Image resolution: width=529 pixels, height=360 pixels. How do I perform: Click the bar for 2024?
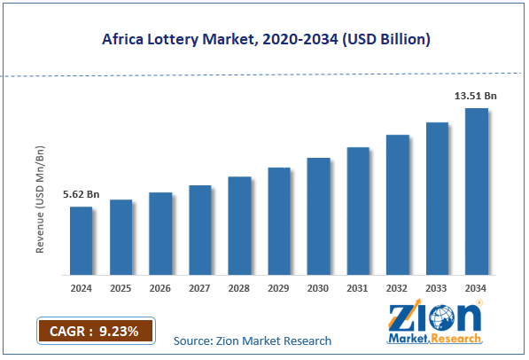(x=81, y=240)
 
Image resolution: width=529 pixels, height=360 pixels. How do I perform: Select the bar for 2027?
(x=199, y=230)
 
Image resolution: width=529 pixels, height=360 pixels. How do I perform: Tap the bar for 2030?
(x=318, y=215)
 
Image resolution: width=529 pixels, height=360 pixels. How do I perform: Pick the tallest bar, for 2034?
(x=476, y=191)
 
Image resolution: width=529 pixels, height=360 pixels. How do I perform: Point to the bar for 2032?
(x=397, y=204)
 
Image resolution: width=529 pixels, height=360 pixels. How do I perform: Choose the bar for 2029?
(x=279, y=221)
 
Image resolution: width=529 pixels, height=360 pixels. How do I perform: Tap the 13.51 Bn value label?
(x=476, y=97)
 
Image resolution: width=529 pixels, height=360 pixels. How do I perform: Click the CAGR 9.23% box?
(x=96, y=332)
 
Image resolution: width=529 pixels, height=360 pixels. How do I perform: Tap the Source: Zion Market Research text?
(x=253, y=340)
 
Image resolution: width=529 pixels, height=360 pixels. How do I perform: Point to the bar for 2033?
(x=437, y=198)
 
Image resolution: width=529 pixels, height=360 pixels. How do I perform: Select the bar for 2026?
(x=160, y=233)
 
